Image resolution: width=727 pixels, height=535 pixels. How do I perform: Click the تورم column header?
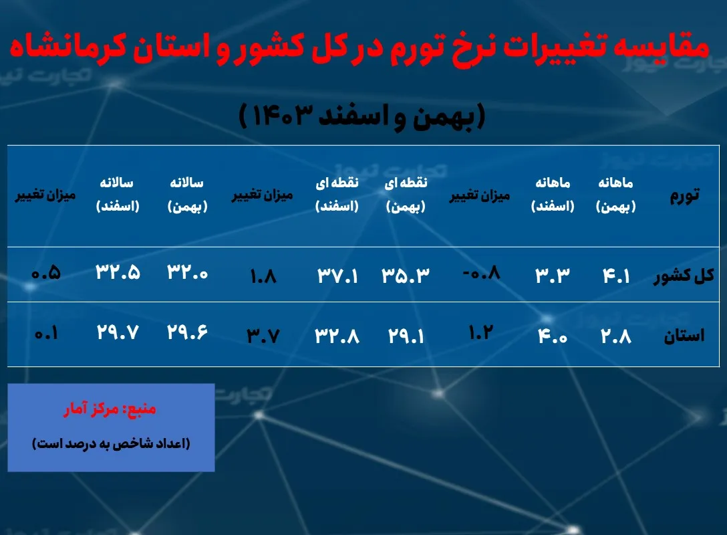click(x=684, y=195)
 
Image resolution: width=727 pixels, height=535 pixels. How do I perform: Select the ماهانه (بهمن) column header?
click(x=615, y=195)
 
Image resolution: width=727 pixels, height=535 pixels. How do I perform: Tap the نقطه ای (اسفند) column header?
click(x=337, y=195)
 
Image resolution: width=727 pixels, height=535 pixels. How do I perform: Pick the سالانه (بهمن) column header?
click(x=188, y=195)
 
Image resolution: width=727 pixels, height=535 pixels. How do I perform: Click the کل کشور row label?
click(x=684, y=276)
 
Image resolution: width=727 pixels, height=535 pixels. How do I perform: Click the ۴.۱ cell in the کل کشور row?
click(x=616, y=275)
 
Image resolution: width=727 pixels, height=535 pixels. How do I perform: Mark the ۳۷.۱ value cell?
click(x=337, y=275)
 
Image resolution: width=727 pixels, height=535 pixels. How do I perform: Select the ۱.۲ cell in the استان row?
click(x=480, y=332)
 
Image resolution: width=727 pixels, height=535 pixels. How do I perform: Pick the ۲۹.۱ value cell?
click(x=406, y=334)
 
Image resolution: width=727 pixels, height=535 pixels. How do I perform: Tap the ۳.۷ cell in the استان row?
click(x=263, y=334)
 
